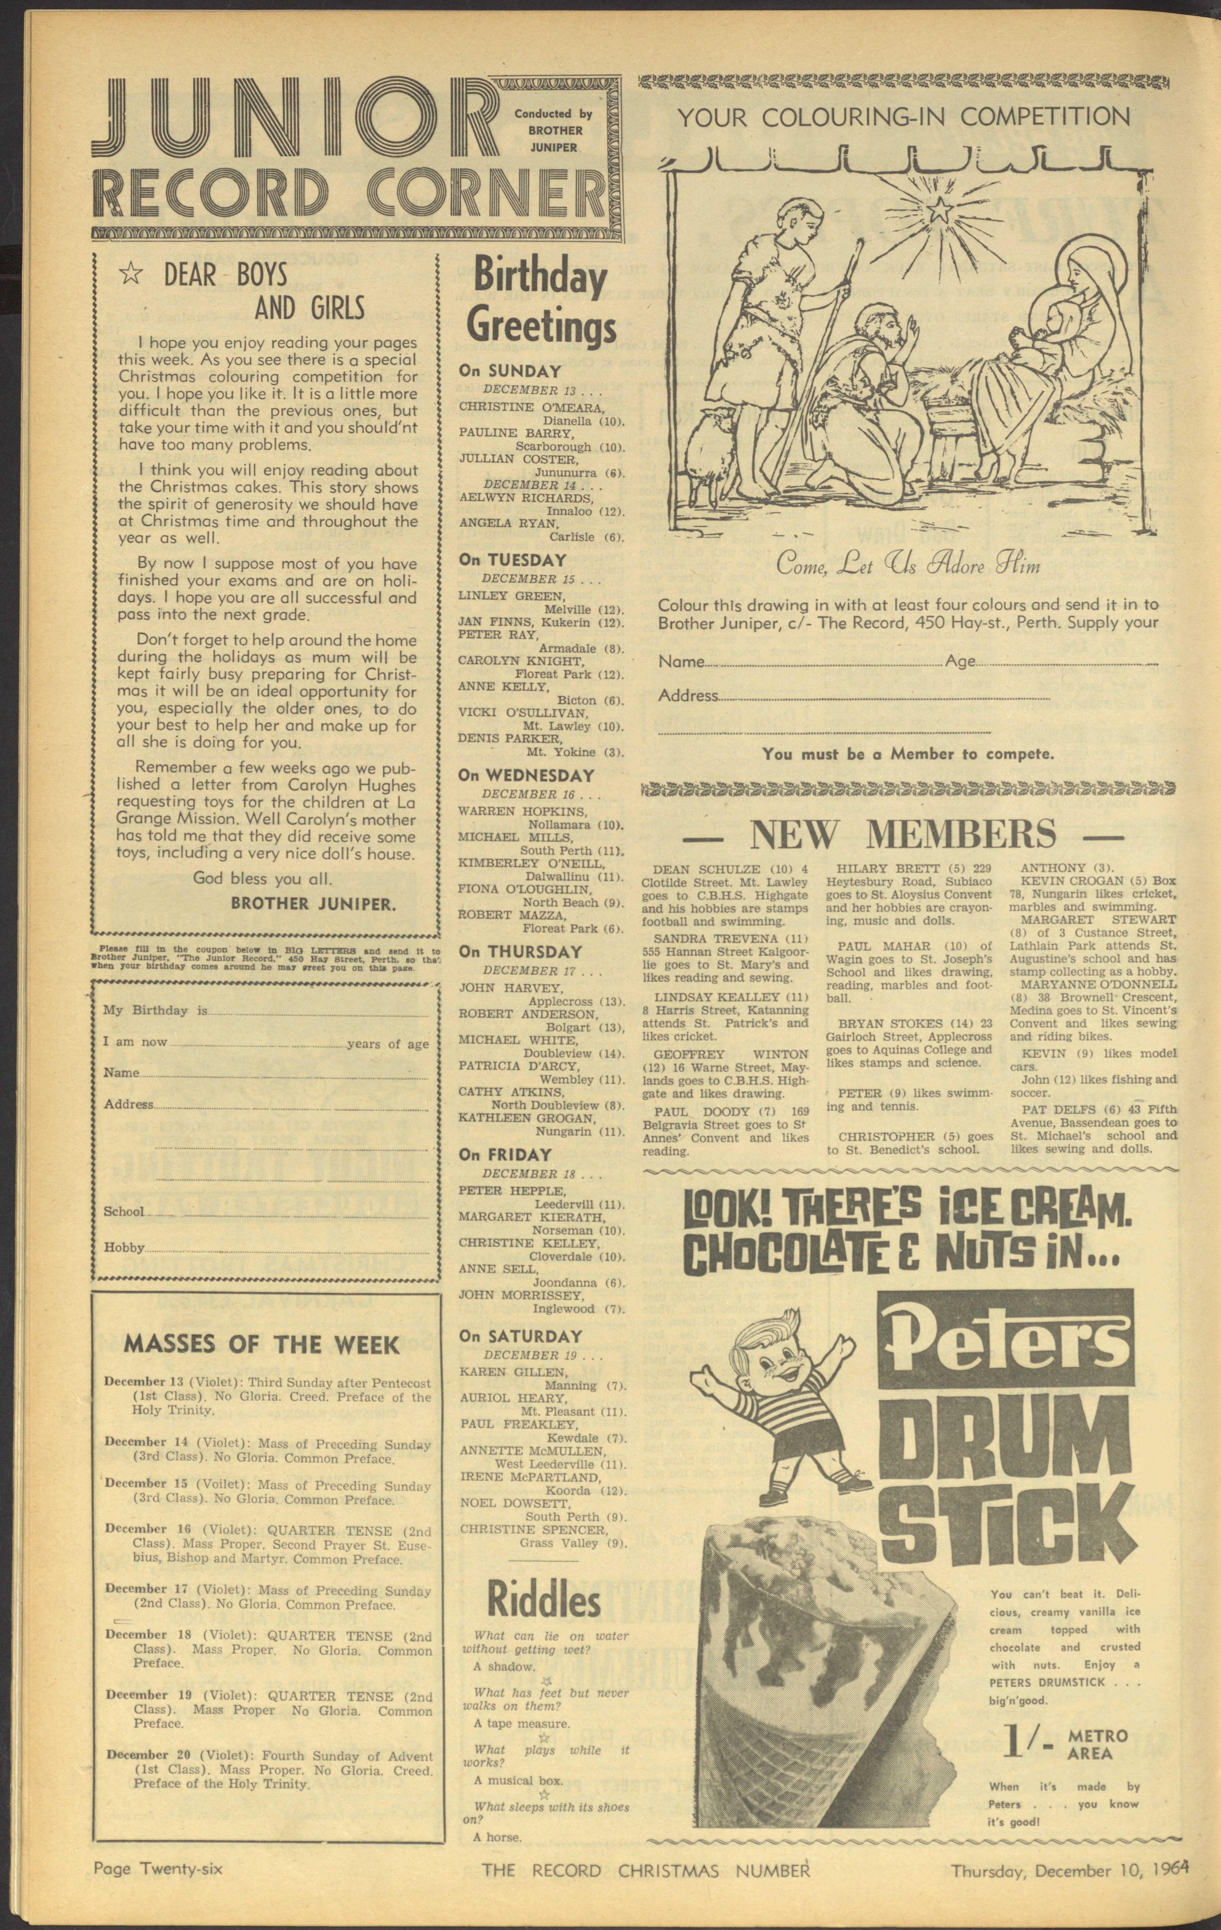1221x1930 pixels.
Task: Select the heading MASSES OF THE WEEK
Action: click(x=261, y=1343)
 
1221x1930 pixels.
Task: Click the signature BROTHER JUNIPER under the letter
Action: click(x=313, y=903)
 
